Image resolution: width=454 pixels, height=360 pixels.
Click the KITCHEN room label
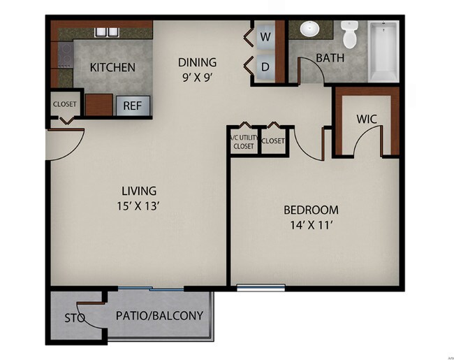pyautogui.click(x=112, y=68)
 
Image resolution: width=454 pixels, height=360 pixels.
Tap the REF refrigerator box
pyautogui.click(x=132, y=106)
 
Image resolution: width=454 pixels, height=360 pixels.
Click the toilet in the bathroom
pyautogui.click(x=349, y=34)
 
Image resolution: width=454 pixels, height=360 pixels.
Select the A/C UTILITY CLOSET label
pyautogui.click(x=242, y=141)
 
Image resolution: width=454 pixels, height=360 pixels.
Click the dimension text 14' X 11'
pyautogui.click(x=311, y=226)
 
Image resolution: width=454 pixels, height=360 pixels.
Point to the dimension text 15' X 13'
pyautogui.click(x=138, y=206)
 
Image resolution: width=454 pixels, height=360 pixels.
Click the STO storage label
pyautogui.click(x=75, y=318)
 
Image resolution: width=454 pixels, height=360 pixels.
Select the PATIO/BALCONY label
pyautogui.click(x=159, y=316)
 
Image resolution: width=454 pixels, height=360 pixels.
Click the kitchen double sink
pyautogui.click(x=106, y=31)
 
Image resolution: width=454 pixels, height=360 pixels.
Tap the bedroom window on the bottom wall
pyautogui.click(x=261, y=287)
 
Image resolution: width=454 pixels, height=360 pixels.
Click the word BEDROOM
pyautogui.click(x=311, y=210)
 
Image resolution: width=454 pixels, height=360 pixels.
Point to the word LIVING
pyautogui.click(x=138, y=190)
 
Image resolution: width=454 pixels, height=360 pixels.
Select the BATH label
pyautogui.click(x=330, y=58)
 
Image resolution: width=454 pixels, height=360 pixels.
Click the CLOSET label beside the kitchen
pyautogui.click(x=65, y=105)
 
